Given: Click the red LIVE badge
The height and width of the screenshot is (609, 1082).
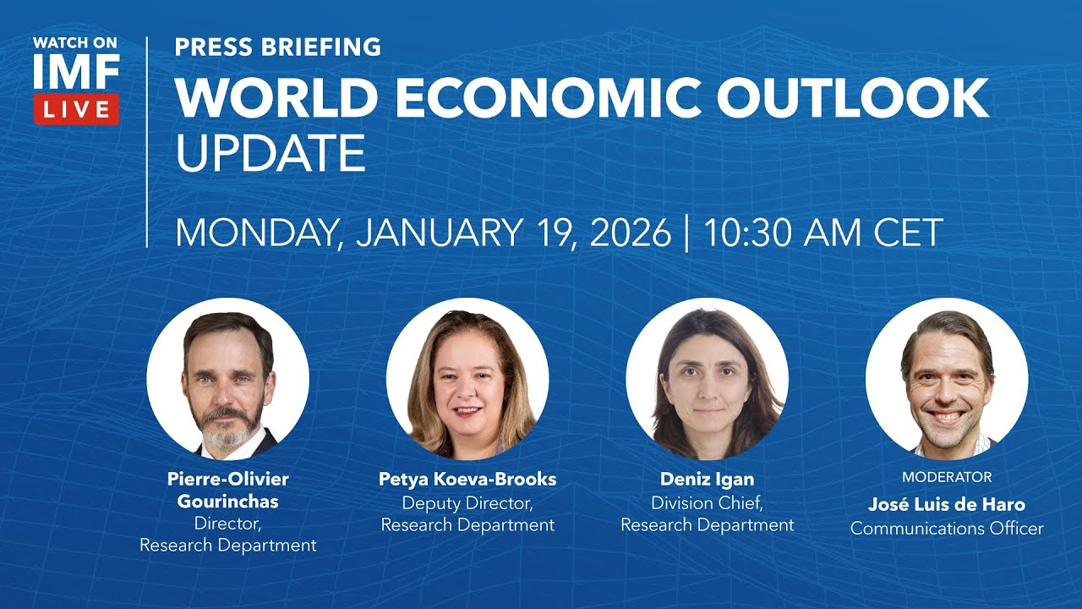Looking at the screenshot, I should [x=76, y=109].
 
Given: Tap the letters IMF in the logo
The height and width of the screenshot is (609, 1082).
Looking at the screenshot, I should [x=76, y=74].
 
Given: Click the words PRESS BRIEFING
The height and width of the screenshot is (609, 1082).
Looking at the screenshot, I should [x=277, y=47].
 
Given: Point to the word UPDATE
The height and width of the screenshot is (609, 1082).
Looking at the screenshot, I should [x=270, y=153].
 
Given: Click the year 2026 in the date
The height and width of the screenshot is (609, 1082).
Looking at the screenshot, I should [x=630, y=232].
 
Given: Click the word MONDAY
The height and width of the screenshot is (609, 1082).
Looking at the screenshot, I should [x=257, y=232].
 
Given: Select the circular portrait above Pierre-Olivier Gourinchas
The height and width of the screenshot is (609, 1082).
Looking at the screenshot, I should [x=227, y=378].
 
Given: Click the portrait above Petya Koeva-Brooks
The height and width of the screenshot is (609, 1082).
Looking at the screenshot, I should [x=467, y=378].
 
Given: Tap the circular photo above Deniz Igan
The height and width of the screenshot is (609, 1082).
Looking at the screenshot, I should [x=707, y=378].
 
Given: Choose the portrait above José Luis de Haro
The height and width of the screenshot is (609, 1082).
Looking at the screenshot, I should [x=947, y=378].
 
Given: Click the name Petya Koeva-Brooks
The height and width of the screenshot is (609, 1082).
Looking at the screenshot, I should [x=467, y=480].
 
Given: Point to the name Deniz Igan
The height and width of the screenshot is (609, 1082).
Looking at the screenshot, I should [x=708, y=480].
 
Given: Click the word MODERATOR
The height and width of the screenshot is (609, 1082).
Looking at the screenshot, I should [x=947, y=477].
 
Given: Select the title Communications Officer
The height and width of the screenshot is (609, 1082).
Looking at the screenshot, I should [x=947, y=529].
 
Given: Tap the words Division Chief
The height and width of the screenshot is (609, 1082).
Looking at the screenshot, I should [x=708, y=502].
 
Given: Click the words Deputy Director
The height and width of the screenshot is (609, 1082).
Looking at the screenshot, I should [x=467, y=502].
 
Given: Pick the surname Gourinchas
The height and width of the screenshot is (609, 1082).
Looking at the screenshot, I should [x=227, y=502].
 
